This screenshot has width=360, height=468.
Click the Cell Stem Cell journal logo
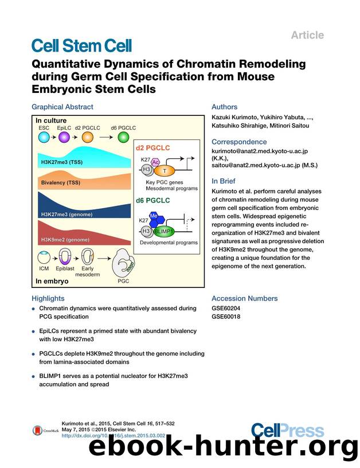[81, 45]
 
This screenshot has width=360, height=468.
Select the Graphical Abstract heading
[62, 107]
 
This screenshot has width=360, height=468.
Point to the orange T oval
[165, 170]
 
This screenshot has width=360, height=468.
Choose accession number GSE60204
[226, 308]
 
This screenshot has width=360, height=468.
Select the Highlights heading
[48, 298]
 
